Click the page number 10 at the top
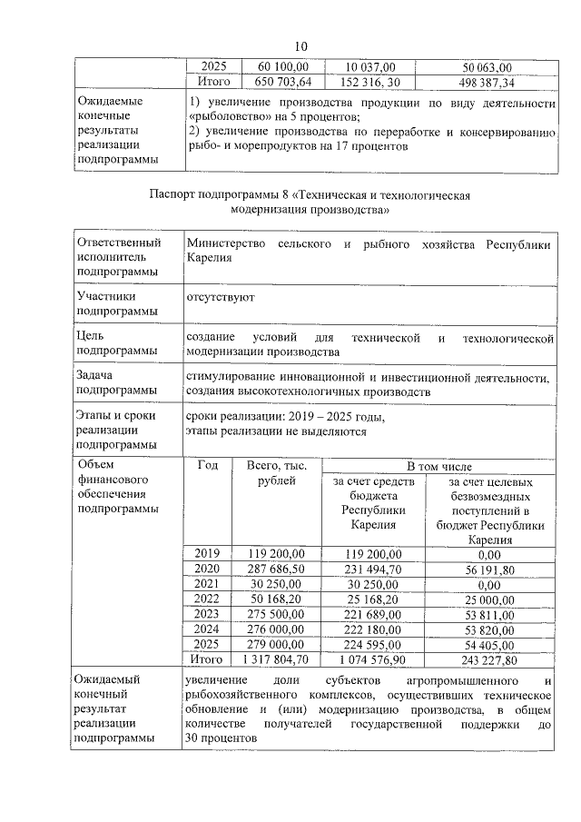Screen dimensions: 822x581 [x=302, y=46]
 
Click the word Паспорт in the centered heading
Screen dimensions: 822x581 [x=175, y=195]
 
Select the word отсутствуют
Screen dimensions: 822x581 [x=220, y=296]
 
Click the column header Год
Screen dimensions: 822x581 [x=209, y=465]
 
